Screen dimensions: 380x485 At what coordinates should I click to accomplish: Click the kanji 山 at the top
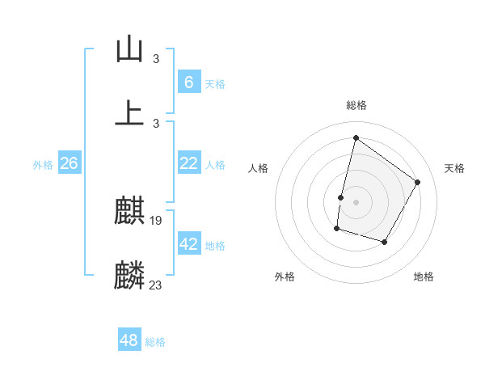pos(129,50)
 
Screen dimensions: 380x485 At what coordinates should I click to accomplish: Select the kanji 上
pos(129,112)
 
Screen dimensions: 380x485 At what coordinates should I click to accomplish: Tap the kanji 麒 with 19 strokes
pos(129,212)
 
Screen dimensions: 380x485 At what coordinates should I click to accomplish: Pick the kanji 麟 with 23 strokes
pos(129,275)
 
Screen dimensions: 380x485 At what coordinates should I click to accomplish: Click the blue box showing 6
pos(188,82)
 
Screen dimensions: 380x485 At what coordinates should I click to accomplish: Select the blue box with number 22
pos(188,163)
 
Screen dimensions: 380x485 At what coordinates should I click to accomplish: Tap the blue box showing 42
pos(188,244)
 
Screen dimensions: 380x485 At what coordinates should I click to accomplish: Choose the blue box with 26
pos(69,163)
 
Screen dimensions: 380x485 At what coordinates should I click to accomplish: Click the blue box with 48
pos(129,340)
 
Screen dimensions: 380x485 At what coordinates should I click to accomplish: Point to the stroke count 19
pos(157,221)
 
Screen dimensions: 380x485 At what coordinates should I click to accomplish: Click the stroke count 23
pos(157,284)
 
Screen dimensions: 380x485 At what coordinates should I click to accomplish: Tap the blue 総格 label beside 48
pos(155,342)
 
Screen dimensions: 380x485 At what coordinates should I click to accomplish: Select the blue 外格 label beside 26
pos(43,165)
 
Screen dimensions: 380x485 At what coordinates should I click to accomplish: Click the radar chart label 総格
pos(356,105)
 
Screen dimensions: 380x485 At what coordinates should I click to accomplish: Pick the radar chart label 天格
pos(454,168)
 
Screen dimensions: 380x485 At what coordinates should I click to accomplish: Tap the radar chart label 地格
pos(424,277)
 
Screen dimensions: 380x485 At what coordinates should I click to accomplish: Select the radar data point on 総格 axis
pos(356,137)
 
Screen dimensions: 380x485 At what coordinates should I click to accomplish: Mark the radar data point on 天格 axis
pos(418,182)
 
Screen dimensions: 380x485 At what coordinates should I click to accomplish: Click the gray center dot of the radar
pos(356,202)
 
